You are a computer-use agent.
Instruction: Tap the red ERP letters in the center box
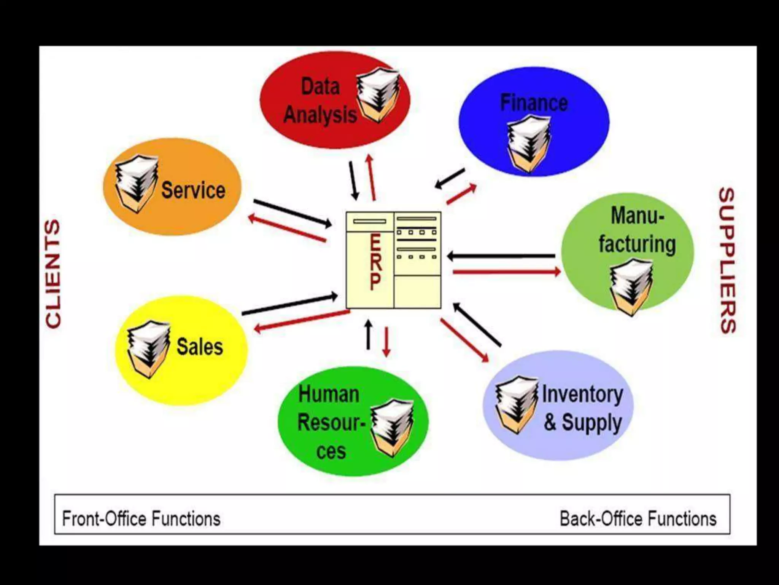click(375, 262)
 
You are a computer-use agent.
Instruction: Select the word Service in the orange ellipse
click(193, 190)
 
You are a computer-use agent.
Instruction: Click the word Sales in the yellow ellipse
click(199, 347)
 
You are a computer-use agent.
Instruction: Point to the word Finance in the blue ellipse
click(534, 103)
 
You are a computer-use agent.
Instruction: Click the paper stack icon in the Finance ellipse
click(529, 143)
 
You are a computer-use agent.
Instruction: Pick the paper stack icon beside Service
click(136, 183)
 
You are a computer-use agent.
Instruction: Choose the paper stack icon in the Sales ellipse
click(148, 349)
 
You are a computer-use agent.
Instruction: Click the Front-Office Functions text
click(141, 519)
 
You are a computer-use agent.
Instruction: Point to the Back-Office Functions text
click(638, 519)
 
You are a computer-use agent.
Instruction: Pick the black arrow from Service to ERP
click(292, 213)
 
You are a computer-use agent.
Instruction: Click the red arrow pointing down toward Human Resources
click(386, 342)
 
